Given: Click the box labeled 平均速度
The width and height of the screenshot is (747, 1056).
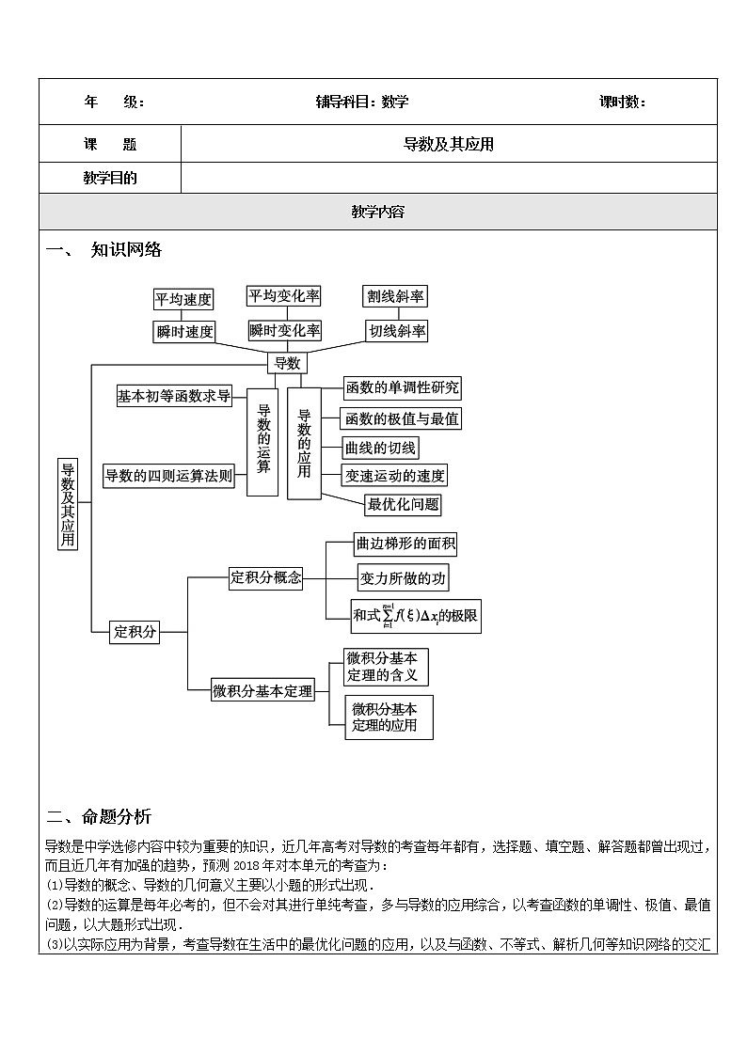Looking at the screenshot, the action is pos(183,299).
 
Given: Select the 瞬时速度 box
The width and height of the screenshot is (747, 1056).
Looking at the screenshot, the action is pos(184,331).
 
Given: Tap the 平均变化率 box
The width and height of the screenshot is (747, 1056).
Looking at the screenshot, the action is pos(283,296).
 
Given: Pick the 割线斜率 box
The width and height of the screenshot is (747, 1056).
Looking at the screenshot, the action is pos(395,296).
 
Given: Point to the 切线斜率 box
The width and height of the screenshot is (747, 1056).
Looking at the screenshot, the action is pos(396,331).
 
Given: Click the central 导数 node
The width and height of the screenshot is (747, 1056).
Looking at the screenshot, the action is pos(286,363).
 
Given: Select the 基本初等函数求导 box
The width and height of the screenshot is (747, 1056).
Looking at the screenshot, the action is pos(174,396).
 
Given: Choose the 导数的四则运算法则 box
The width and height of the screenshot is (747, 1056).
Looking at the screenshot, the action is pos(168,476).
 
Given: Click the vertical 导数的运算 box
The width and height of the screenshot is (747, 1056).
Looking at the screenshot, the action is pos(262,441).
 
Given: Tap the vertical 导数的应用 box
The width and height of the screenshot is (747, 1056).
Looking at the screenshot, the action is pos(303,442).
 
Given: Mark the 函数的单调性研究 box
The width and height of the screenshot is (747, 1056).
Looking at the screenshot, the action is pos(402,387).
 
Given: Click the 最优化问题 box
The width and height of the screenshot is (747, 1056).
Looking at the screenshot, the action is pos(403,504).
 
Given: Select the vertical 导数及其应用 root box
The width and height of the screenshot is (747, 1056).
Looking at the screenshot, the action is pos(67,503).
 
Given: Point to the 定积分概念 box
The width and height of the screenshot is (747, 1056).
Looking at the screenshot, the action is pos(265,578).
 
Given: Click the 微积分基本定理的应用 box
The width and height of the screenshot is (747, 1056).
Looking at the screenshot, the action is pos(389,717).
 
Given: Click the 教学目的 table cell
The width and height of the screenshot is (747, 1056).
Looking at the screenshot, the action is pos(109,178).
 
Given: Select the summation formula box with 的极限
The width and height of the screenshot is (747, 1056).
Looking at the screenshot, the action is pos(415,616).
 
